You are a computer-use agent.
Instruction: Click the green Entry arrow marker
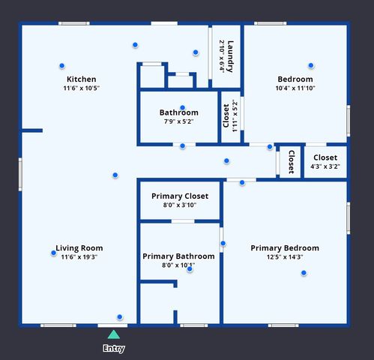113,334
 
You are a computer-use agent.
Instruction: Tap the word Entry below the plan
113,348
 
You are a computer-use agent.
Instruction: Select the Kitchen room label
81,79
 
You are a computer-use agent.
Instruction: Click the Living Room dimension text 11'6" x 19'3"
79,257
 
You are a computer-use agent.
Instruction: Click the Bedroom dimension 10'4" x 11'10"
295,88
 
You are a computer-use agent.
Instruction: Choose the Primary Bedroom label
285,248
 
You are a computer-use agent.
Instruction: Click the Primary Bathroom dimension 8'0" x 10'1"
178,265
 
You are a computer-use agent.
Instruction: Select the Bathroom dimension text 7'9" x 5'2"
178,121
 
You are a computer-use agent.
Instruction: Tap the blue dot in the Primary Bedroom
304,273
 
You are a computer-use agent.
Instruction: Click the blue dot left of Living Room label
53,253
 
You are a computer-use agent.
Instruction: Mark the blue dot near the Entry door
119,317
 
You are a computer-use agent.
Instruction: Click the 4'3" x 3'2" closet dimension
325,166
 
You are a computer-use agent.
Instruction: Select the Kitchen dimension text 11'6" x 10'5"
81,88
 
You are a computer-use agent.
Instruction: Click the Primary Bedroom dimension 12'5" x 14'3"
285,257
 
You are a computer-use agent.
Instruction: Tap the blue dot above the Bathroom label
182,108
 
